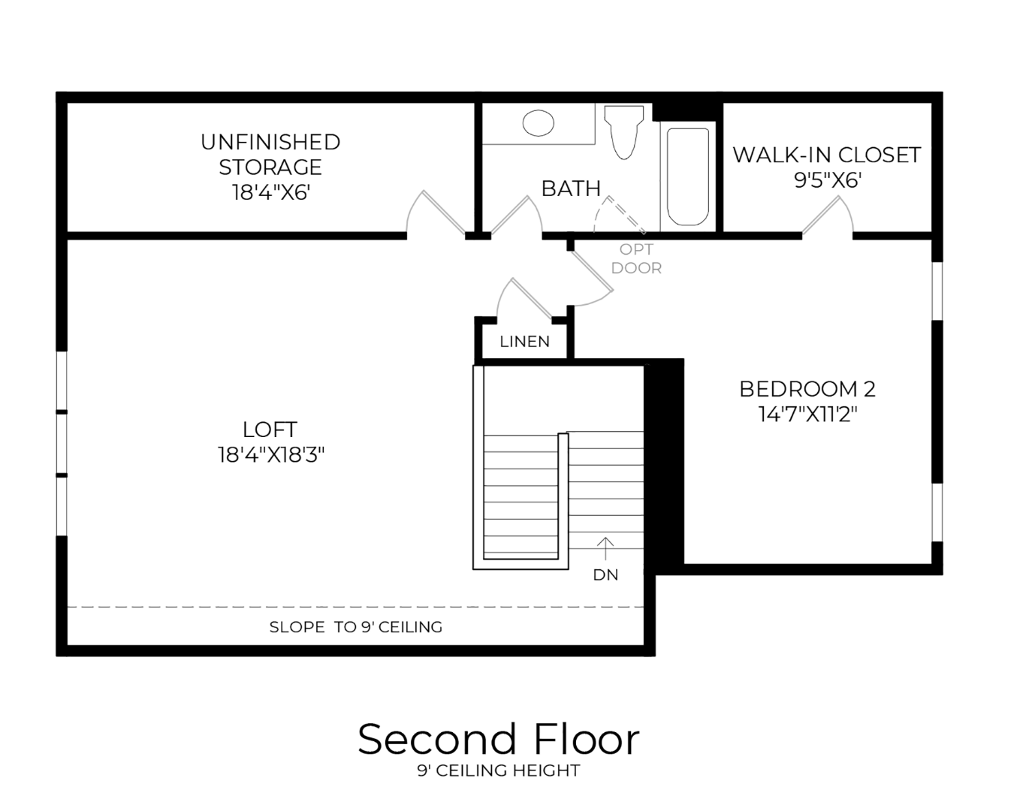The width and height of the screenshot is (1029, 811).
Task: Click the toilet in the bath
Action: (624, 132)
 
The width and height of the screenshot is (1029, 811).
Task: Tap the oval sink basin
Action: (539, 123)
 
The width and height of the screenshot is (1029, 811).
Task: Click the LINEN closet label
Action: (524, 342)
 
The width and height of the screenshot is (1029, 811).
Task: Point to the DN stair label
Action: (605, 574)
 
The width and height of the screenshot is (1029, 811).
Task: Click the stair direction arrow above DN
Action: (605, 548)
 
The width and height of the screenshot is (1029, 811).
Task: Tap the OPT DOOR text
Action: (636, 259)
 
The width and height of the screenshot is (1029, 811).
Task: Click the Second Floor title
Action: (499, 740)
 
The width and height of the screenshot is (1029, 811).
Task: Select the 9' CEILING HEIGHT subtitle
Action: (499, 770)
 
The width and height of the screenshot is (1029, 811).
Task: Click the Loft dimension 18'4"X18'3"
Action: (271, 455)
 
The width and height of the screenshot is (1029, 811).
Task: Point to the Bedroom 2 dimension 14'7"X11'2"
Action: (807, 415)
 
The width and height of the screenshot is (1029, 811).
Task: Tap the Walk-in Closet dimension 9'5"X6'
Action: (828, 181)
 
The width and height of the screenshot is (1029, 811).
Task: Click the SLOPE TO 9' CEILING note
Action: (356, 627)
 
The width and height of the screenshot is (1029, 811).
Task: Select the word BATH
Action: (571, 189)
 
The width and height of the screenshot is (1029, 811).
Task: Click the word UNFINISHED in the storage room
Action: (270, 143)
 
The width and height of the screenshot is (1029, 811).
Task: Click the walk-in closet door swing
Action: (828, 216)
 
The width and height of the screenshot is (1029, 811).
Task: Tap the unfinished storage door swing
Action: (436, 213)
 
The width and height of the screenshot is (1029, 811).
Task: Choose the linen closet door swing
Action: (525, 298)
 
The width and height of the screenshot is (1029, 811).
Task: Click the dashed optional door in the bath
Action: (620, 215)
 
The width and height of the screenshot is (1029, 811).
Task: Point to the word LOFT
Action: (270, 430)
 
